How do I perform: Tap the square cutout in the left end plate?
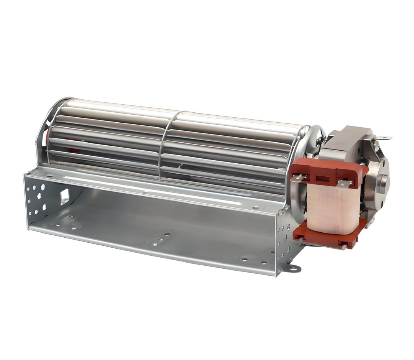(64, 196)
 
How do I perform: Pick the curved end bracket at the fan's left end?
(44, 130)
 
